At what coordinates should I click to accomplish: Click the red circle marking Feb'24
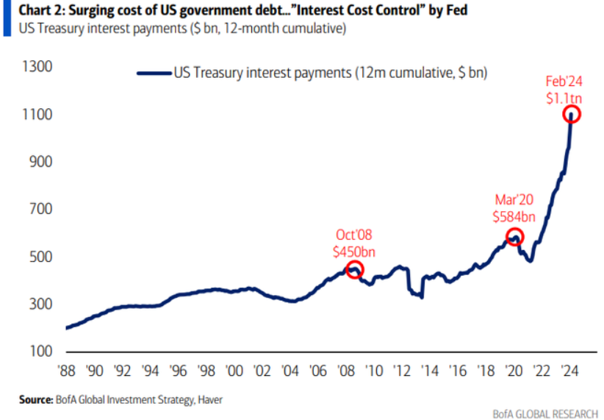point(572,114)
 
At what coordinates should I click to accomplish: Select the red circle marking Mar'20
point(514,237)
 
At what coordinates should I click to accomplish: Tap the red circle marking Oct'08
point(355,270)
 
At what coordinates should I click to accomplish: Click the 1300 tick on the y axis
point(36,67)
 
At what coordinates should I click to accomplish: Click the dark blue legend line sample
point(154,73)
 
